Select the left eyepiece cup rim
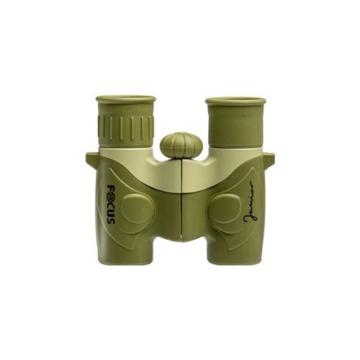pyautogui.click(x=125, y=99)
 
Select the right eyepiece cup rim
pyautogui.click(x=235, y=102)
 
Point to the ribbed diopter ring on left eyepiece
pyautogui.click(x=126, y=127)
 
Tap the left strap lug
pyautogui.click(x=91, y=158)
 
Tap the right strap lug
pyautogui.click(x=269, y=158)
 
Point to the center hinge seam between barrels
pyautogui.click(x=181, y=209)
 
